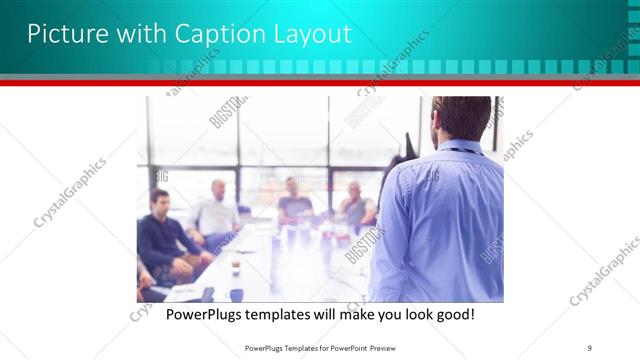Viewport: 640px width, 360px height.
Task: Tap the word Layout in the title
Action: [312, 34]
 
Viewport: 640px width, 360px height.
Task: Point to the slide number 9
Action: [591, 348]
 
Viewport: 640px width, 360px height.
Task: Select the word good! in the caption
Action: [451, 315]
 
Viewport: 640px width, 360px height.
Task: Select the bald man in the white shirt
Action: [217, 210]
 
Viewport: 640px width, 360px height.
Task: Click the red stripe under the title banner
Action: [320, 84]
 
